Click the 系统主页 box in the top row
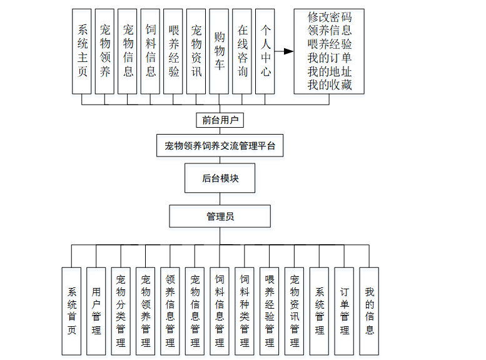tap(83, 51)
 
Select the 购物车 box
tap(220, 51)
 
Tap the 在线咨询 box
tap(243, 51)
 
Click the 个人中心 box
tap(266, 51)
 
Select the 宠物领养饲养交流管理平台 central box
tap(220, 147)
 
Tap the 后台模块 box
tap(220, 178)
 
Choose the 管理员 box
tap(220, 217)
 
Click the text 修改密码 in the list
tap(329, 17)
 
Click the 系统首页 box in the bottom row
tap(71, 311)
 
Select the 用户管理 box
tap(96, 311)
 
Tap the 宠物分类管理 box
tap(121, 311)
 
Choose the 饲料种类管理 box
tap(245, 311)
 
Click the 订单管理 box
tap(345, 311)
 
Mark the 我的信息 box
tap(369, 311)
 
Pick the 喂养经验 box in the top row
tap(174, 51)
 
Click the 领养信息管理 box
tap(170, 311)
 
